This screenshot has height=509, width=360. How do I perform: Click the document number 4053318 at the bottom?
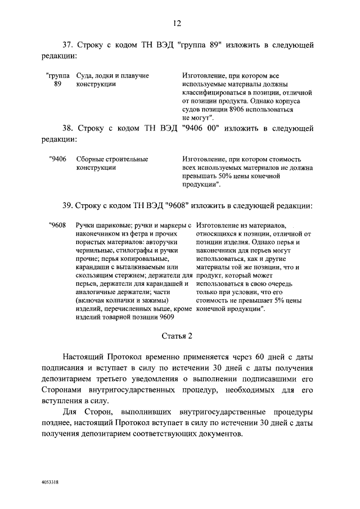click(51, 483)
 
